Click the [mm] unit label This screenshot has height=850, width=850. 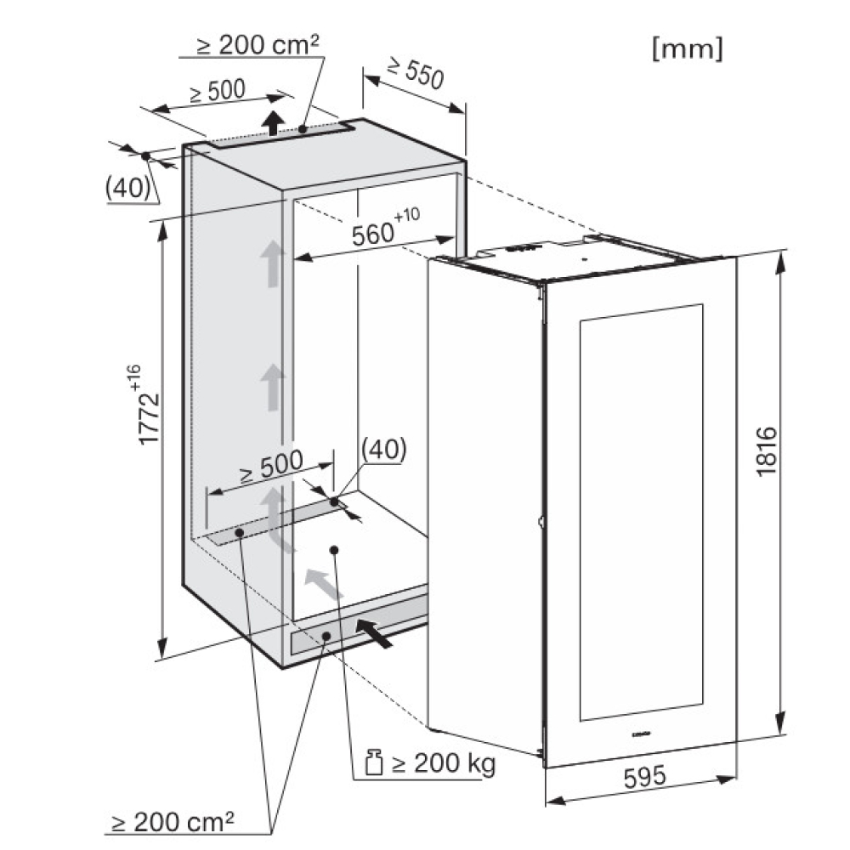[687, 50]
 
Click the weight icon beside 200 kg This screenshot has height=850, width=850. [371, 764]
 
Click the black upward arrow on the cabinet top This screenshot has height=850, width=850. [272, 122]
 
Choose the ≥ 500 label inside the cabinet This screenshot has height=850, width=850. [270, 463]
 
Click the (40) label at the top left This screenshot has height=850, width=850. [127, 187]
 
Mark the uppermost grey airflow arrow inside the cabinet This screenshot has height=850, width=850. [271, 262]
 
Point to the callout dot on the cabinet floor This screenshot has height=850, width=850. [334, 550]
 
